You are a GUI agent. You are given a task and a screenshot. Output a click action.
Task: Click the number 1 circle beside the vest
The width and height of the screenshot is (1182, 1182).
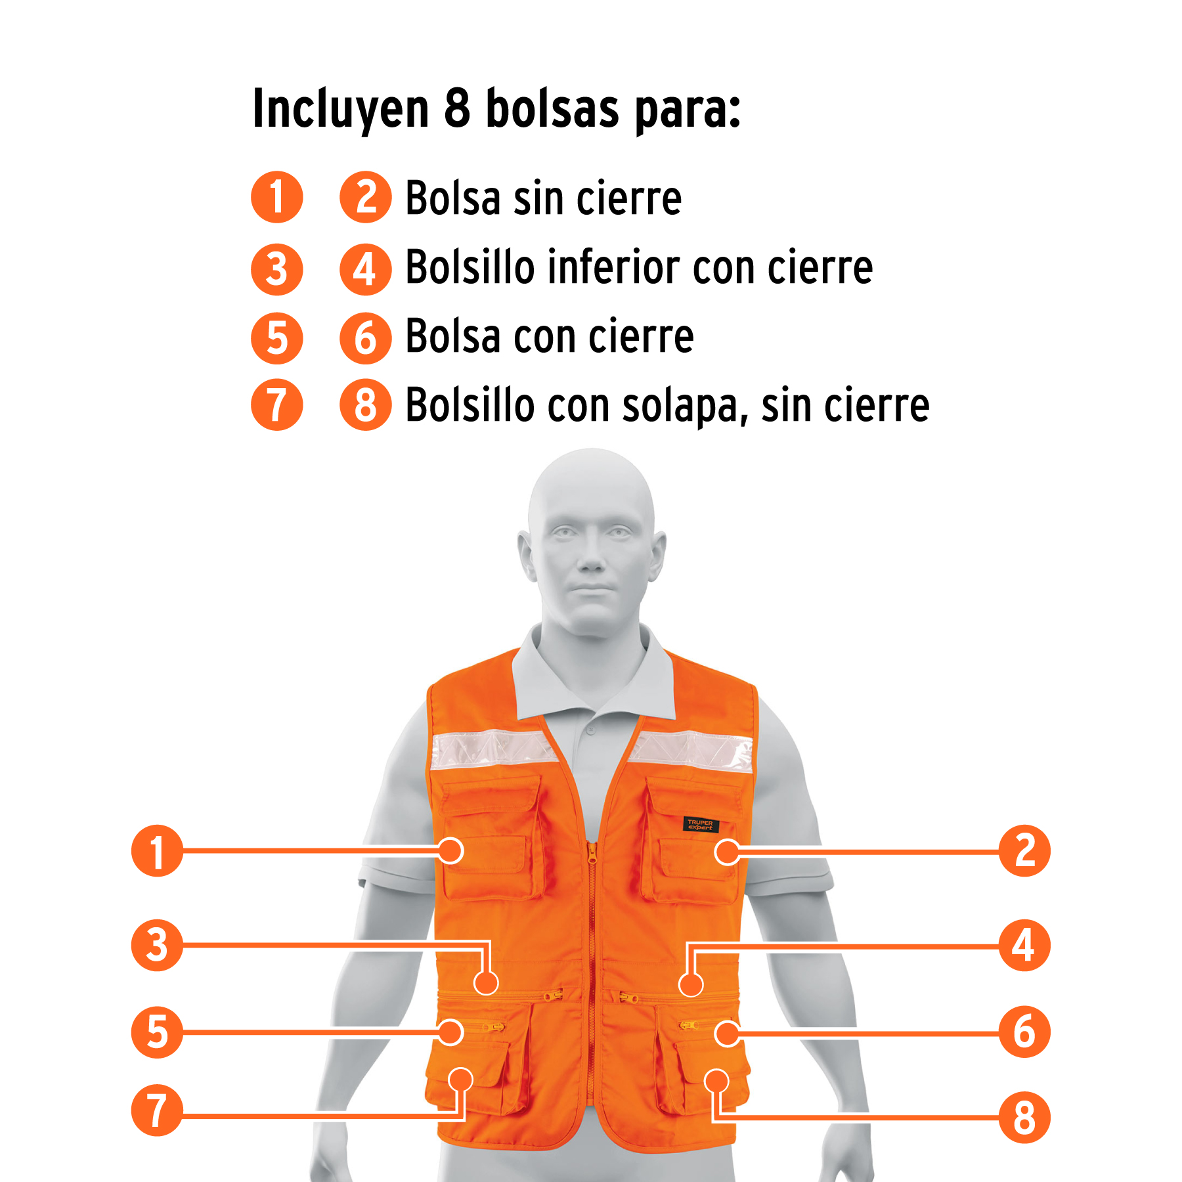157,851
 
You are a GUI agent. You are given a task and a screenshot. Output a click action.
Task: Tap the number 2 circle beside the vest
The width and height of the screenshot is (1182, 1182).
1024,851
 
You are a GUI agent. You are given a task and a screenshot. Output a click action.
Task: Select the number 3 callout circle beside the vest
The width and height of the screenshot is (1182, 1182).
157,946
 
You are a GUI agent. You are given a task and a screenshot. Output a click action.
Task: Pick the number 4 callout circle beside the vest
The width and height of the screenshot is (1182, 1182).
1024,946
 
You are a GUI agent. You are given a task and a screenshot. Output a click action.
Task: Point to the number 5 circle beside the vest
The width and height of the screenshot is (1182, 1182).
157,1032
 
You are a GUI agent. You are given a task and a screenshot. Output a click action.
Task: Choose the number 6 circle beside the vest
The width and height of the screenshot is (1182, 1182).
1024,1032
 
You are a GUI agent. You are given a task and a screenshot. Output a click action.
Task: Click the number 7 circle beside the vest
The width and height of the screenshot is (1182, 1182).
157,1110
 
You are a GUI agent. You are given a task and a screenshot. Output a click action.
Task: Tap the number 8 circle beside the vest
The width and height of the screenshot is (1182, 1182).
1024,1118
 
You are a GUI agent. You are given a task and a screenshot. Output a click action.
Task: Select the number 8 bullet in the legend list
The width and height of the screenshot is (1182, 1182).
366,405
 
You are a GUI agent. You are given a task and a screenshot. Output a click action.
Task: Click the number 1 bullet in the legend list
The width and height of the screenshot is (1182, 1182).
277,197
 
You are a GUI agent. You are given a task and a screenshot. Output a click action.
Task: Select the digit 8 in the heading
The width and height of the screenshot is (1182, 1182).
458,108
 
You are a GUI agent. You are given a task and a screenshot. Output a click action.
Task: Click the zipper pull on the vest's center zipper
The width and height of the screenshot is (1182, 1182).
592,853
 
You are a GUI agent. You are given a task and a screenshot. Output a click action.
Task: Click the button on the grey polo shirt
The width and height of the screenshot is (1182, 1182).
590,730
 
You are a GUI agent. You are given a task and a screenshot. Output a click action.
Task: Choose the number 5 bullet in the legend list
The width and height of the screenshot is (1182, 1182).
277,338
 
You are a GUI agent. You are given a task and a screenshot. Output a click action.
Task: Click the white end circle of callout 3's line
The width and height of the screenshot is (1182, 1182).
486,983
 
